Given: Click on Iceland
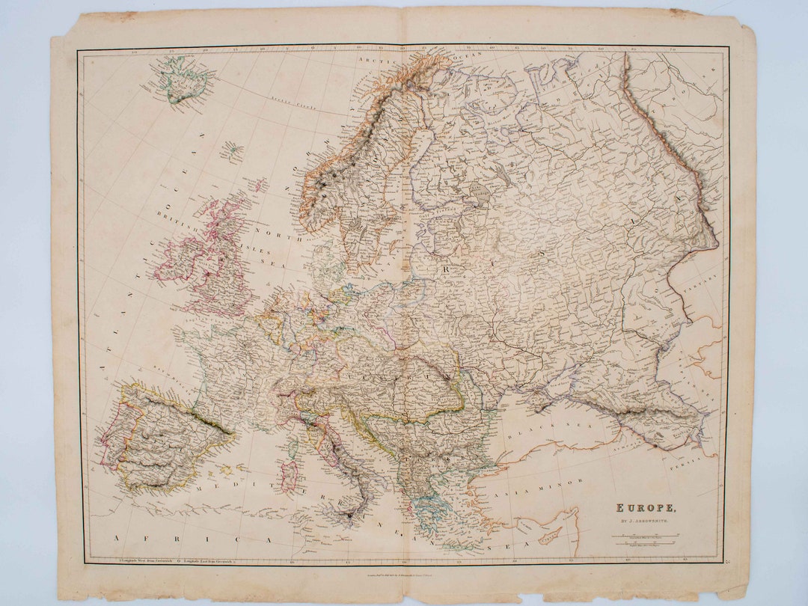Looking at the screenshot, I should point(182,79).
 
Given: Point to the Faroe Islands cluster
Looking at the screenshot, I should point(233,152).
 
